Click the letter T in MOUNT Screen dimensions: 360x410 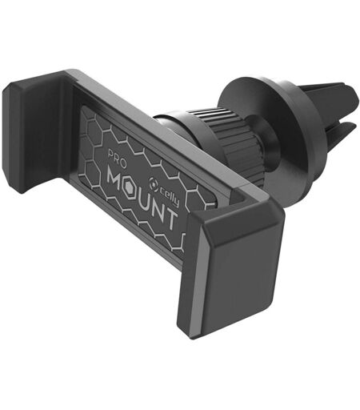click(x=170, y=219)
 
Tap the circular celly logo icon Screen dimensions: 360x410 click(x=153, y=182)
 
